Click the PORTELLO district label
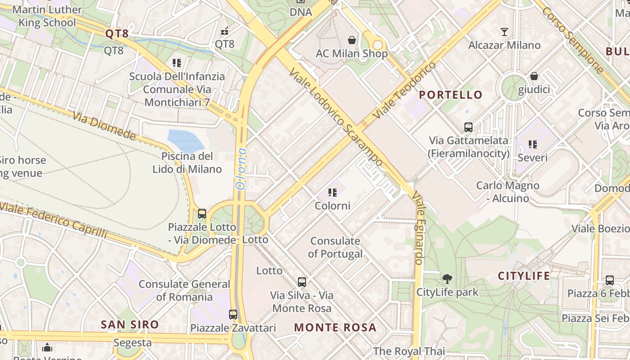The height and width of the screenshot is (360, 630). tap(450, 95)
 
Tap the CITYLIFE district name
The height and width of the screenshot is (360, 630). tap(524, 276)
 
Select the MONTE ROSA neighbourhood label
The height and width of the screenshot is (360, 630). tap(335, 327)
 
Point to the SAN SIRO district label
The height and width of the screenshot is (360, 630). tap(130, 324)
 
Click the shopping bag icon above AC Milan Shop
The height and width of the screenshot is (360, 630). tap(352, 40)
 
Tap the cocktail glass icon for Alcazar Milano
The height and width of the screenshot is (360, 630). tap(504, 31)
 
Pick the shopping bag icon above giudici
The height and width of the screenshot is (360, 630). tap(534, 76)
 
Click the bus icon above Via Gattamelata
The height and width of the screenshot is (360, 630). tap(468, 127)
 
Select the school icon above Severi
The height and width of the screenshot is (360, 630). tap(533, 144)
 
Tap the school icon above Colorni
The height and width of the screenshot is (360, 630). tap(333, 193)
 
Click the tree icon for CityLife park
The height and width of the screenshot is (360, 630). tap(447, 279)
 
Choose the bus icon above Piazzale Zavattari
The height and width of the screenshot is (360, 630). tap(233, 314)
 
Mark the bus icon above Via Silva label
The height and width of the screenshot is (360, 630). tap(302, 282)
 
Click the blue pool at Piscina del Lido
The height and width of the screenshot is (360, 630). tap(185, 140)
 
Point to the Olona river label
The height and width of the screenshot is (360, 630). tap(242, 168)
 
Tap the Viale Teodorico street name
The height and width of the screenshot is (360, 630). tap(405, 90)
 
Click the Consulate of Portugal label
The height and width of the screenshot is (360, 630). tap(335, 247)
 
